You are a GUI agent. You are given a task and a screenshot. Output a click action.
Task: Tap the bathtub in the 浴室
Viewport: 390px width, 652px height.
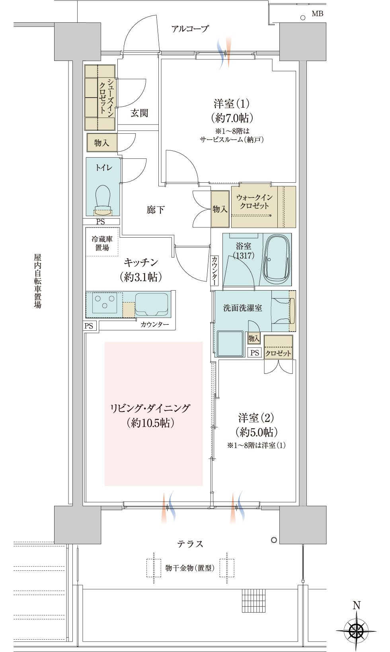[x=277, y=260]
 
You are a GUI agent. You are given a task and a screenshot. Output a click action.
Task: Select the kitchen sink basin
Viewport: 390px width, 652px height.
[x=152, y=304]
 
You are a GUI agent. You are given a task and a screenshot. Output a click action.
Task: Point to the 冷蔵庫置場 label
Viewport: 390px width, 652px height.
[x=102, y=243]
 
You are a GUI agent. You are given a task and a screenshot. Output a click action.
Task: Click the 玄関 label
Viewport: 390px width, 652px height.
[x=139, y=113]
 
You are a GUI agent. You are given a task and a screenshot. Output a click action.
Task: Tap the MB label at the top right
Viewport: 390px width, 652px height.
[x=317, y=14]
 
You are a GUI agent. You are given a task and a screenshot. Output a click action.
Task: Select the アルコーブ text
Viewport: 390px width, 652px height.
[x=190, y=29]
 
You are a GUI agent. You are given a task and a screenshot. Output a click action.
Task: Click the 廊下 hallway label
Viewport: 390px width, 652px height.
[x=156, y=209]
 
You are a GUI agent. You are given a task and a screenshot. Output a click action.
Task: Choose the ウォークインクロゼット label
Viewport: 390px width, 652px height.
[x=254, y=201]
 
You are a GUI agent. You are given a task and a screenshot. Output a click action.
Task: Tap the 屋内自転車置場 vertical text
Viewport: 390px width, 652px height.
[x=37, y=281]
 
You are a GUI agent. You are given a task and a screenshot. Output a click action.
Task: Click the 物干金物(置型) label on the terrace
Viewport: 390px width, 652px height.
[x=190, y=568]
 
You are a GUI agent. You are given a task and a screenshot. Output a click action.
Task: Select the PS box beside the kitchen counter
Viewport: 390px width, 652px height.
[x=89, y=326]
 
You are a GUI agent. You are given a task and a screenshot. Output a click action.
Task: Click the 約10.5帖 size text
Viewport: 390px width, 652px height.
[x=150, y=423]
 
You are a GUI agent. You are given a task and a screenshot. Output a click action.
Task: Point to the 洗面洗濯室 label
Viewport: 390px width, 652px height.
[x=242, y=308]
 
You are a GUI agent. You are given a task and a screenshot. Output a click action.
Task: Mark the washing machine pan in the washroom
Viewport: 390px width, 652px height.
[x=230, y=344]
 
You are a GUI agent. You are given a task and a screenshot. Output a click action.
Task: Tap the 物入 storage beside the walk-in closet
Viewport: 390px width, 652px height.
[x=220, y=209]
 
